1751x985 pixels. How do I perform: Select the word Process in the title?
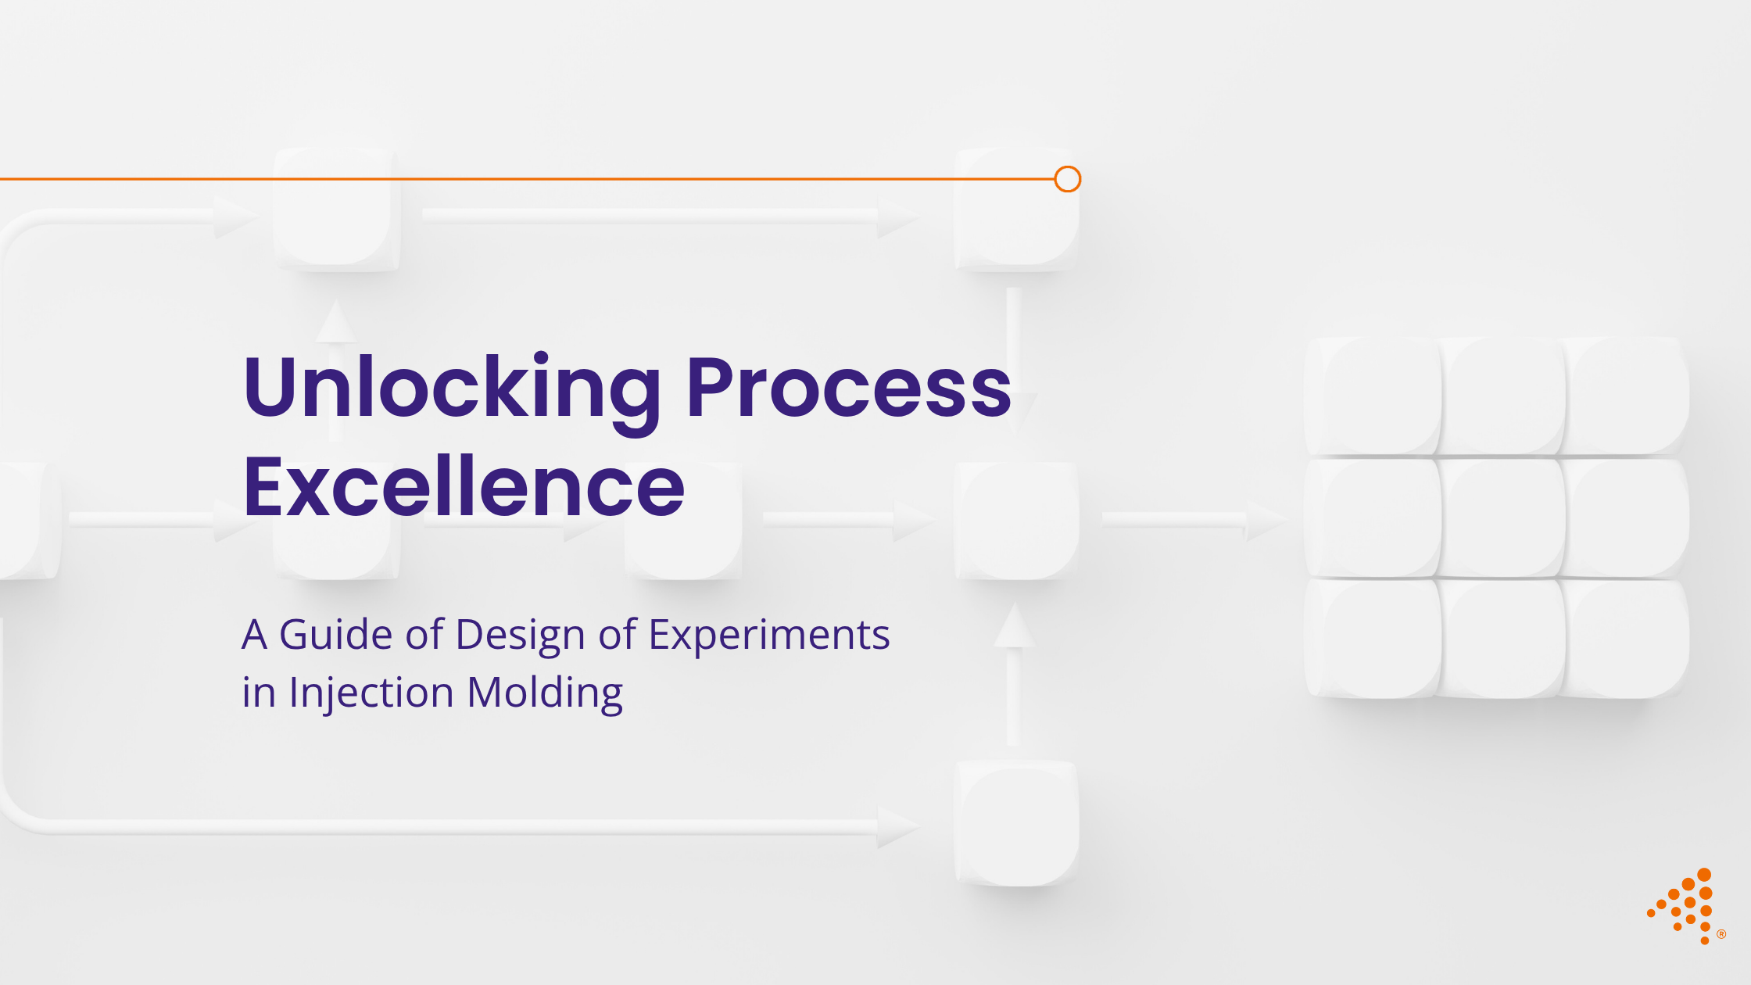pyautogui.click(x=848, y=389)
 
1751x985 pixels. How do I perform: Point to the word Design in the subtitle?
pyautogui.click(x=520, y=634)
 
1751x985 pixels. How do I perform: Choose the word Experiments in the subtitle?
pyautogui.click(x=769, y=636)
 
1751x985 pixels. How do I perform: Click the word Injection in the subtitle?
pyautogui.click(x=371, y=693)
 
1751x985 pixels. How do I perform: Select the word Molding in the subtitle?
pyautogui.click(x=545, y=693)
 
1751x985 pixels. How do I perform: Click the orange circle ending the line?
pyautogui.click(x=1067, y=179)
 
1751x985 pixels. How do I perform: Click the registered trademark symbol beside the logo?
pyautogui.click(x=1721, y=934)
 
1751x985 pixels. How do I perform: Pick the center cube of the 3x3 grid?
pyautogui.click(x=1501, y=518)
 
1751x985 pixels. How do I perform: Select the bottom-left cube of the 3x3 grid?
pyautogui.click(x=1373, y=639)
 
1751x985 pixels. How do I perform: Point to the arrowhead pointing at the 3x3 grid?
pyautogui.click(x=1266, y=521)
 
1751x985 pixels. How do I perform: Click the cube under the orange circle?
pyautogui.click(x=1016, y=211)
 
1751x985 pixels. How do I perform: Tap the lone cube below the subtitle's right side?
pyautogui.click(x=1016, y=823)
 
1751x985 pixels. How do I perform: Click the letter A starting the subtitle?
pyautogui.click(x=254, y=634)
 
